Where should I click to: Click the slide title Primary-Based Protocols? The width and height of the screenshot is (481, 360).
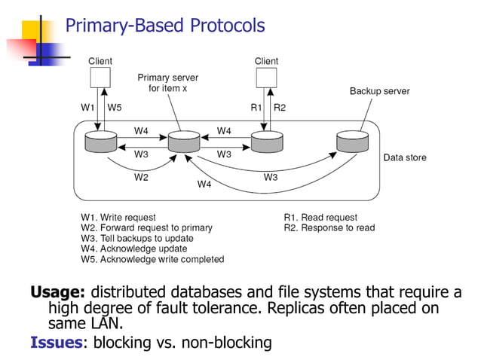(x=165, y=26)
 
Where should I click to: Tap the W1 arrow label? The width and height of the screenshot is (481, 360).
(x=88, y=108)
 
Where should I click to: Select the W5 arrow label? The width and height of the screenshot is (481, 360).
(x=115, y=108)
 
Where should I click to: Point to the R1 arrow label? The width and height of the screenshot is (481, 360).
(x=256, y=108)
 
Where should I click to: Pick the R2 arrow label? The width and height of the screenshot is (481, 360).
(x=280, y=108)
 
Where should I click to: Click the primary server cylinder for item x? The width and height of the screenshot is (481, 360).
(x=183, y=142)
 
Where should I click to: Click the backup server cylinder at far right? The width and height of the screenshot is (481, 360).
(x=352, y=142)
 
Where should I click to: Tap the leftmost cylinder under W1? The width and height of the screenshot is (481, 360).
(x=100, y=142)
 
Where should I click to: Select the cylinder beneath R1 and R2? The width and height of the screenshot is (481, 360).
(x=266, y=142)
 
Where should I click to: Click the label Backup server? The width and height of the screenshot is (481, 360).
(x=379, y=91)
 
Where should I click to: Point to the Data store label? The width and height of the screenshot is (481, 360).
(x=405, y=158)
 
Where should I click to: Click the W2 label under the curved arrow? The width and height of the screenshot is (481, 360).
(x=141, y=178)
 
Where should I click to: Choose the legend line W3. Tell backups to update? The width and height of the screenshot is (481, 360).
(x=137, y=238)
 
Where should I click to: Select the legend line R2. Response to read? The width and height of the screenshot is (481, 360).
(x=329, y=227)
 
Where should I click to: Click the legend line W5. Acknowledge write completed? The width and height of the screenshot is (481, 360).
(x=152, y=259)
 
